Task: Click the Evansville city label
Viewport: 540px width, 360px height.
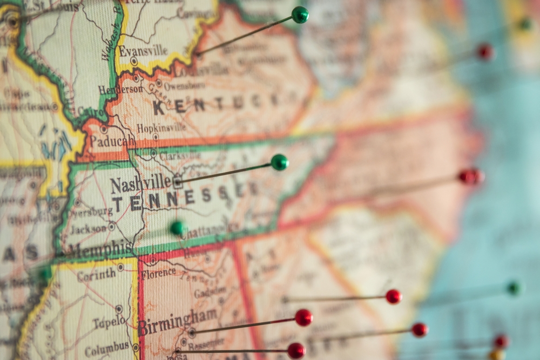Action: pyautogui.click(x=143, y=51)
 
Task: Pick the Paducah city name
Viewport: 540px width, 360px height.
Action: pyautogui.click(x=112, y=141)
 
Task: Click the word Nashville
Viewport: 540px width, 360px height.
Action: pyautogui.click(x=141, y=185)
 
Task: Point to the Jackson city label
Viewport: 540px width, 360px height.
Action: pyautogui.click(x=88, y=229)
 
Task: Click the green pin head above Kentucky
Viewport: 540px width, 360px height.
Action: pyautogui.click(x=300, y=15)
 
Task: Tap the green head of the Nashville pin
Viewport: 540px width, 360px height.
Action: pyautogui.click(x=279, y=162)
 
